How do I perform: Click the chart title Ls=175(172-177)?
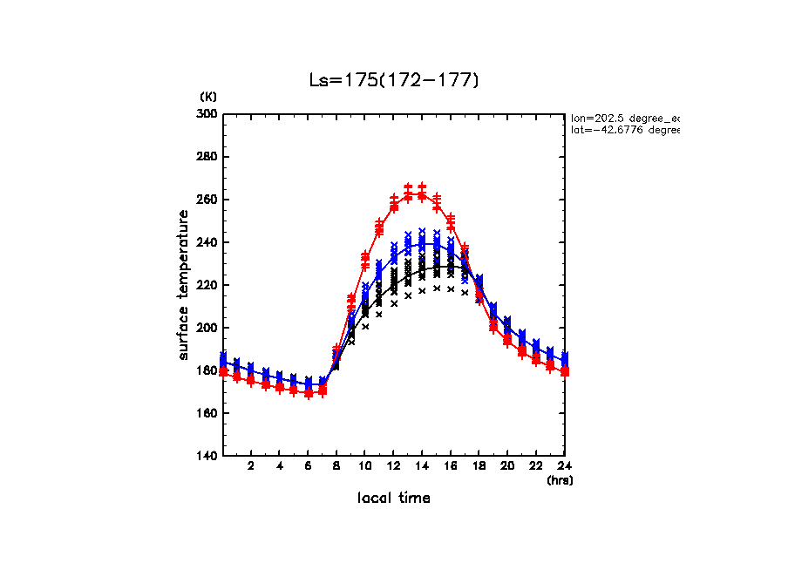click(394, 80)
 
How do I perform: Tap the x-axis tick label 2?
click(251, 466)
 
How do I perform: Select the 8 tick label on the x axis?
click(336, 466)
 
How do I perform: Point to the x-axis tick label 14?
click(422, 466)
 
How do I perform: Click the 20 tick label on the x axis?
click(507, 466)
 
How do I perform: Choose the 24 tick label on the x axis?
click(564, 466)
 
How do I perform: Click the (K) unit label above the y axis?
click(208, 96)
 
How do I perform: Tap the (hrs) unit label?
click(560, 479)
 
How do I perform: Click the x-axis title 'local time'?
click(394, 498)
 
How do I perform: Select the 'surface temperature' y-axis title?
click(184, 285)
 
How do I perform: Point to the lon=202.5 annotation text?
click(624, 117)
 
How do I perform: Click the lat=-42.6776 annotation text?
click(624, 130)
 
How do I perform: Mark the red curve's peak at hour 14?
click(422, 195)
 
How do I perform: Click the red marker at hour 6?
click(309, 393)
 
